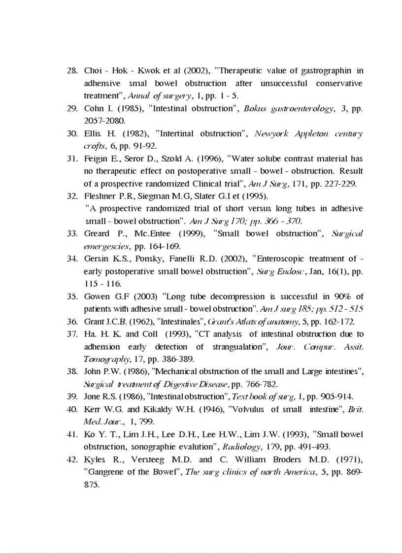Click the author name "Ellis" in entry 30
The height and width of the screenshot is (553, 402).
coord(92,133)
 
